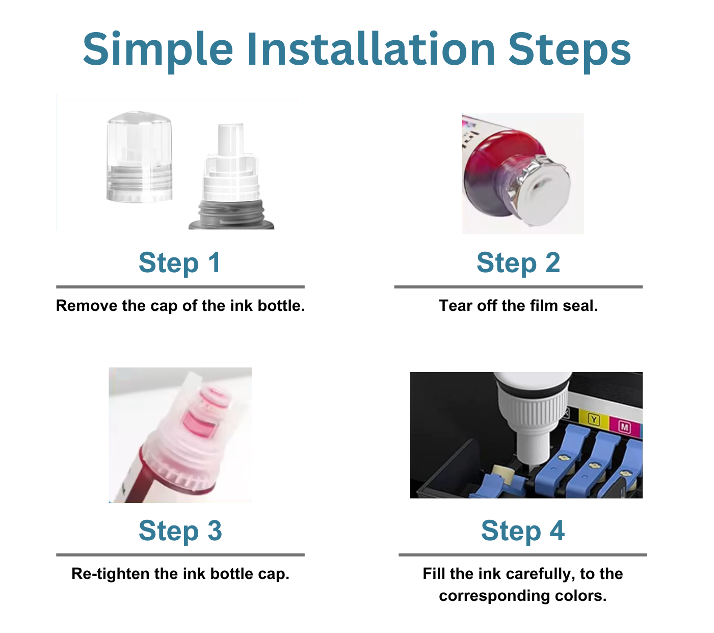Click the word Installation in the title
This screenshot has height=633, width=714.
[x=371, y=49]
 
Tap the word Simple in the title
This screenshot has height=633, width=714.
[x=158, y=49]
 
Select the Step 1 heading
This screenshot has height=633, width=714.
[x=180, y=263]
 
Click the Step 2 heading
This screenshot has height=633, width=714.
[x=518, y=263]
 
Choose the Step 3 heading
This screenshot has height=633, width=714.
[x=180, y=531]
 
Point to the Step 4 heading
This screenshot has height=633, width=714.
[x=523, y=531]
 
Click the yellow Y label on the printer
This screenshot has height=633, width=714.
[x=594, y=419]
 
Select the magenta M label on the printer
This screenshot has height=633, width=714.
[x=624, y=427]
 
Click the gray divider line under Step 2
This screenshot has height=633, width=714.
[x=518, y=287]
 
